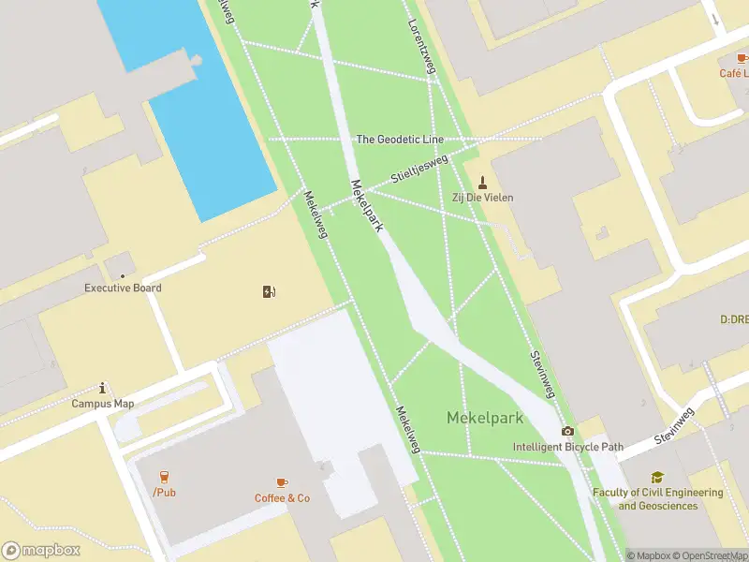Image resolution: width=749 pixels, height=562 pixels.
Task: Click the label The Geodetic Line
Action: pyautogui.click(x=400, y=140)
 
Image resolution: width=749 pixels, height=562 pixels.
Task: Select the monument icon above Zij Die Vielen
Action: pyautogui.click(x=483, y=181)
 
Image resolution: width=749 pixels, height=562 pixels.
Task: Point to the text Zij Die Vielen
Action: pyautogui.click(x=483, y=198)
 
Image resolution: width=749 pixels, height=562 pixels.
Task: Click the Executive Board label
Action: pyautogui.click(x=123, y=288)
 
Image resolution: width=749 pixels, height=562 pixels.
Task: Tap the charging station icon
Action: pyautogui.click(x=270, y=291)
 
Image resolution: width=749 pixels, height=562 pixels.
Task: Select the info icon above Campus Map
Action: pyautogui.click(x=103, y=388)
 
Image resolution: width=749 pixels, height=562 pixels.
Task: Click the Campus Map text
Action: pyautogui.click(x=103, y=404)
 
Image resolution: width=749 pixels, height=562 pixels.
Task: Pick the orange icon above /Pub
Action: pyautogui.click(x=164, y=477)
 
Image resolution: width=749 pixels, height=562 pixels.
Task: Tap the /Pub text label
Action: pyautogui.click(x=164, y=493)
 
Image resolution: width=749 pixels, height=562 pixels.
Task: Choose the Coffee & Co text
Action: pyautogui.click(x=282, y=498)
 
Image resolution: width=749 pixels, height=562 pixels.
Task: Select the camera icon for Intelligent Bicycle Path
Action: pyautogui.click(x=567, y=431)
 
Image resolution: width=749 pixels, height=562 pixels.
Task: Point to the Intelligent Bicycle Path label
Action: pyautogui.click(x=567, y=447)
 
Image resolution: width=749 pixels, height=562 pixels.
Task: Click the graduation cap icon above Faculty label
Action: pyautogui.click(x=657, y=477)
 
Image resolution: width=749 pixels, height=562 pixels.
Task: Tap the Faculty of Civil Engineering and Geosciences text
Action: pyautogui.click(x=657, y=499)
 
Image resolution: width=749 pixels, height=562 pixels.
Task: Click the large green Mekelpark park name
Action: pyautogui.click(x=484, y=418)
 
